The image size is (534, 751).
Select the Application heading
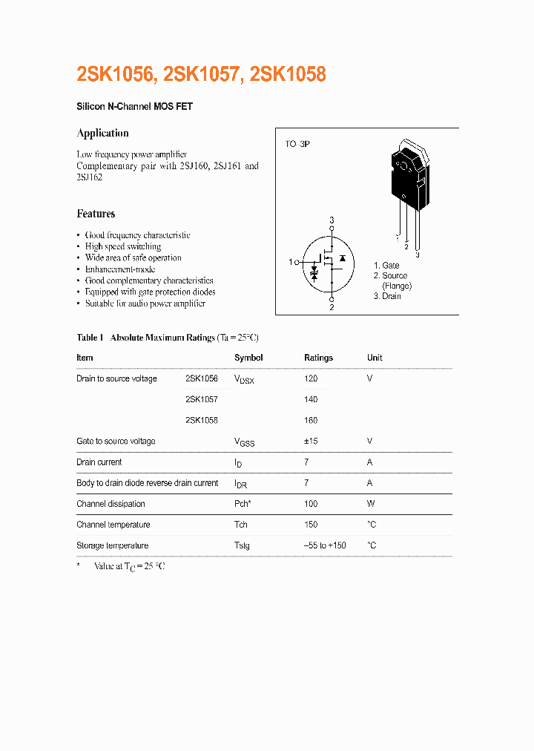coord(102,134)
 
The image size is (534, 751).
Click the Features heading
coord(96,214)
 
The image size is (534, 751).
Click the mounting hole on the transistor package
coord(404,167)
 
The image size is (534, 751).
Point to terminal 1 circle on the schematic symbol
coord(297,262)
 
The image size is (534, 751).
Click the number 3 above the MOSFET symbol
coord(332,220)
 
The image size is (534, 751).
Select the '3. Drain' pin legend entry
coord(387,296)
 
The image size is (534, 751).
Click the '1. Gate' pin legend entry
coord(386,265)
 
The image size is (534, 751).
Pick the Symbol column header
coord(248,358)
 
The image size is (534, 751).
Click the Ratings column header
coord(318,358)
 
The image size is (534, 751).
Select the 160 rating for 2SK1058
coord(311,420)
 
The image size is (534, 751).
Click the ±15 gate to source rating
coord(311,441)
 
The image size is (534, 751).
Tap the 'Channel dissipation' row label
coord(112,504)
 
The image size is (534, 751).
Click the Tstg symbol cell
coord(242,545)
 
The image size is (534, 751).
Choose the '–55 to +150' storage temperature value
coord(325,545)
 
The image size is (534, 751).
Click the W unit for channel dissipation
coord(370,504)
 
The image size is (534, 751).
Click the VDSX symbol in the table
coord(244,379)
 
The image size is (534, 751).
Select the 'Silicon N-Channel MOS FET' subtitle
coord(134,107)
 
